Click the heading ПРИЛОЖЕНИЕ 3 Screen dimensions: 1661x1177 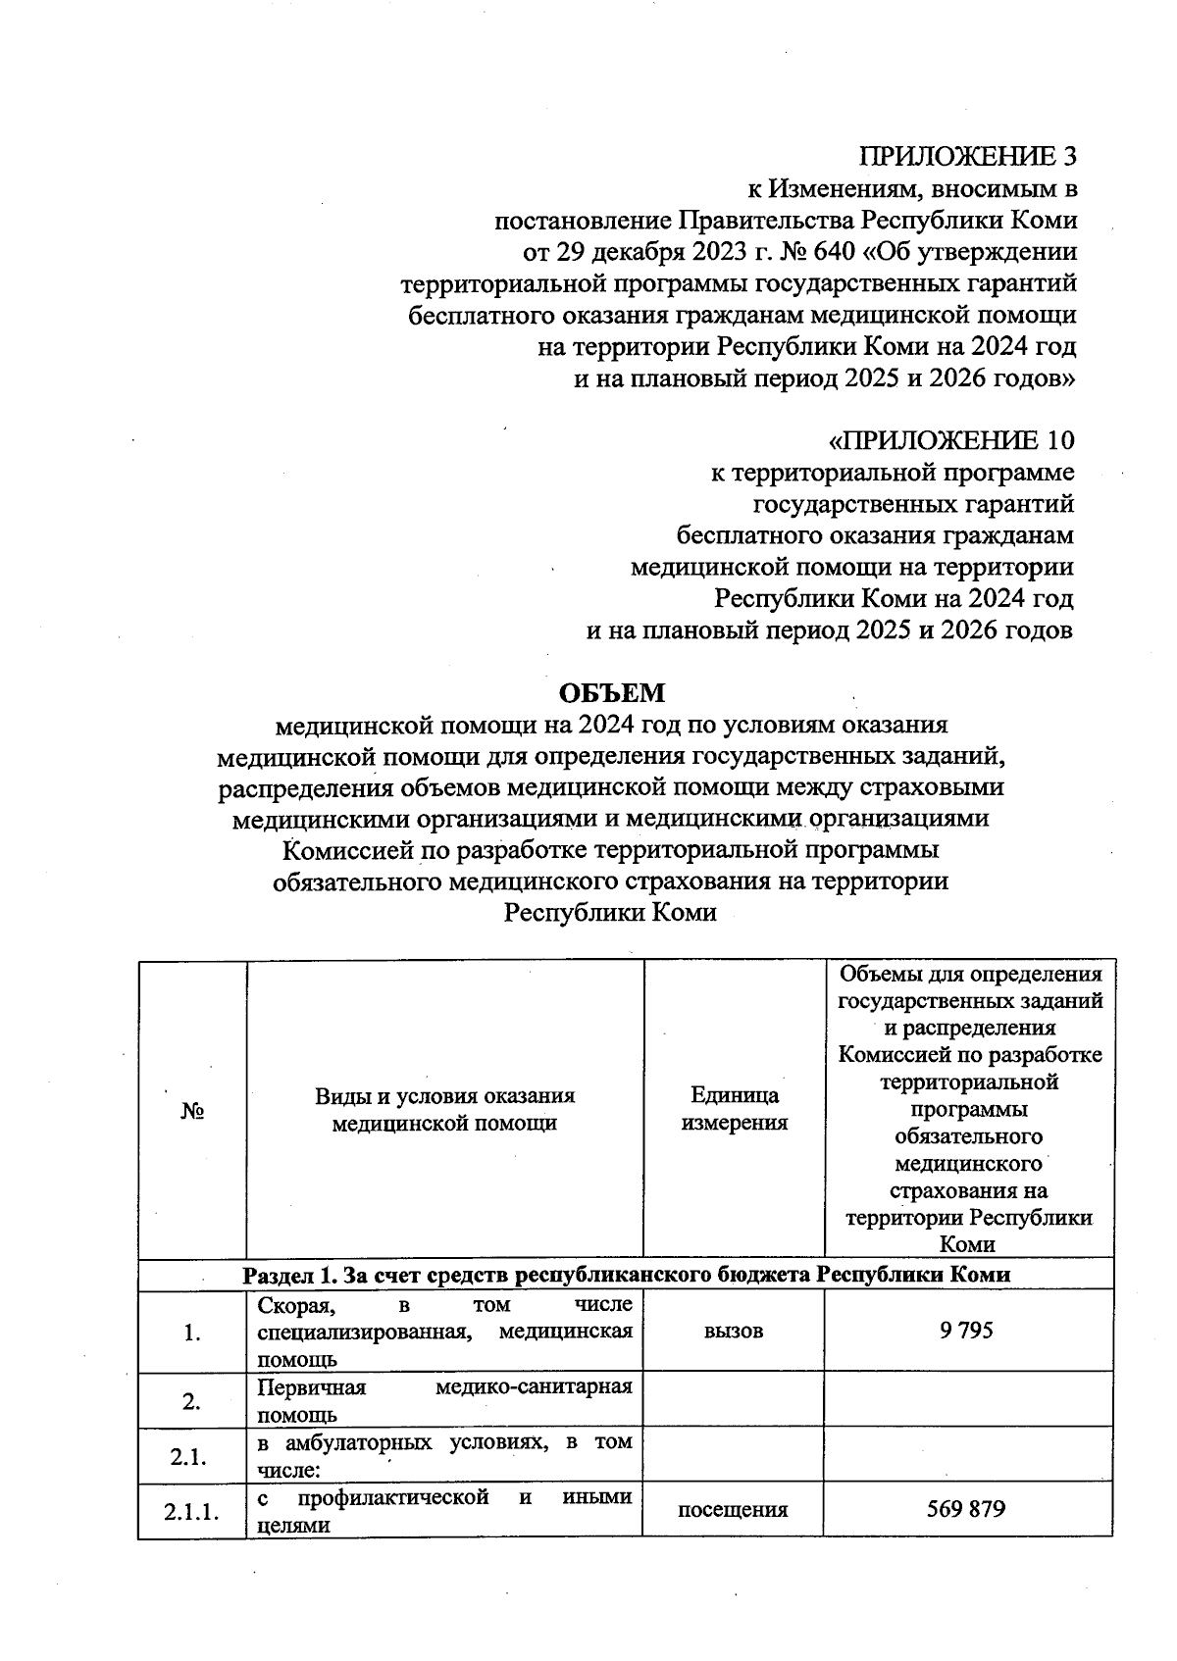click(x=967, y=156)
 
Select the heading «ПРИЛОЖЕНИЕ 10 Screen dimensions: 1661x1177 click(x=950, y=440)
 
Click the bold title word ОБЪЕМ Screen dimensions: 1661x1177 click(x=612, y=693)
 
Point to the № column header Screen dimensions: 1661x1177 click(x=192, y=1111)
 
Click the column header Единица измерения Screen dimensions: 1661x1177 click(x=734, y=1109)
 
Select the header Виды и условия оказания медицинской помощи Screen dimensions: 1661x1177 click(x=444, y=1109)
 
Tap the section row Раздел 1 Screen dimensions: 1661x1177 click(x=626, y=1274)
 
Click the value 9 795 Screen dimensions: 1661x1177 click(x=966, y=1330)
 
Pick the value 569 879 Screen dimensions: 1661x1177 click(x=966, y=1508)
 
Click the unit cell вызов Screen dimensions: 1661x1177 click(x=734, y=1331)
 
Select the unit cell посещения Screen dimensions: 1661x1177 click(x=733, y=1509)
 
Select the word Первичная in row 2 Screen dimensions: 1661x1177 click(x=311, y=1387)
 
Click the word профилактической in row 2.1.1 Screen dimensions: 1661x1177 click(x=393, y=1497)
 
